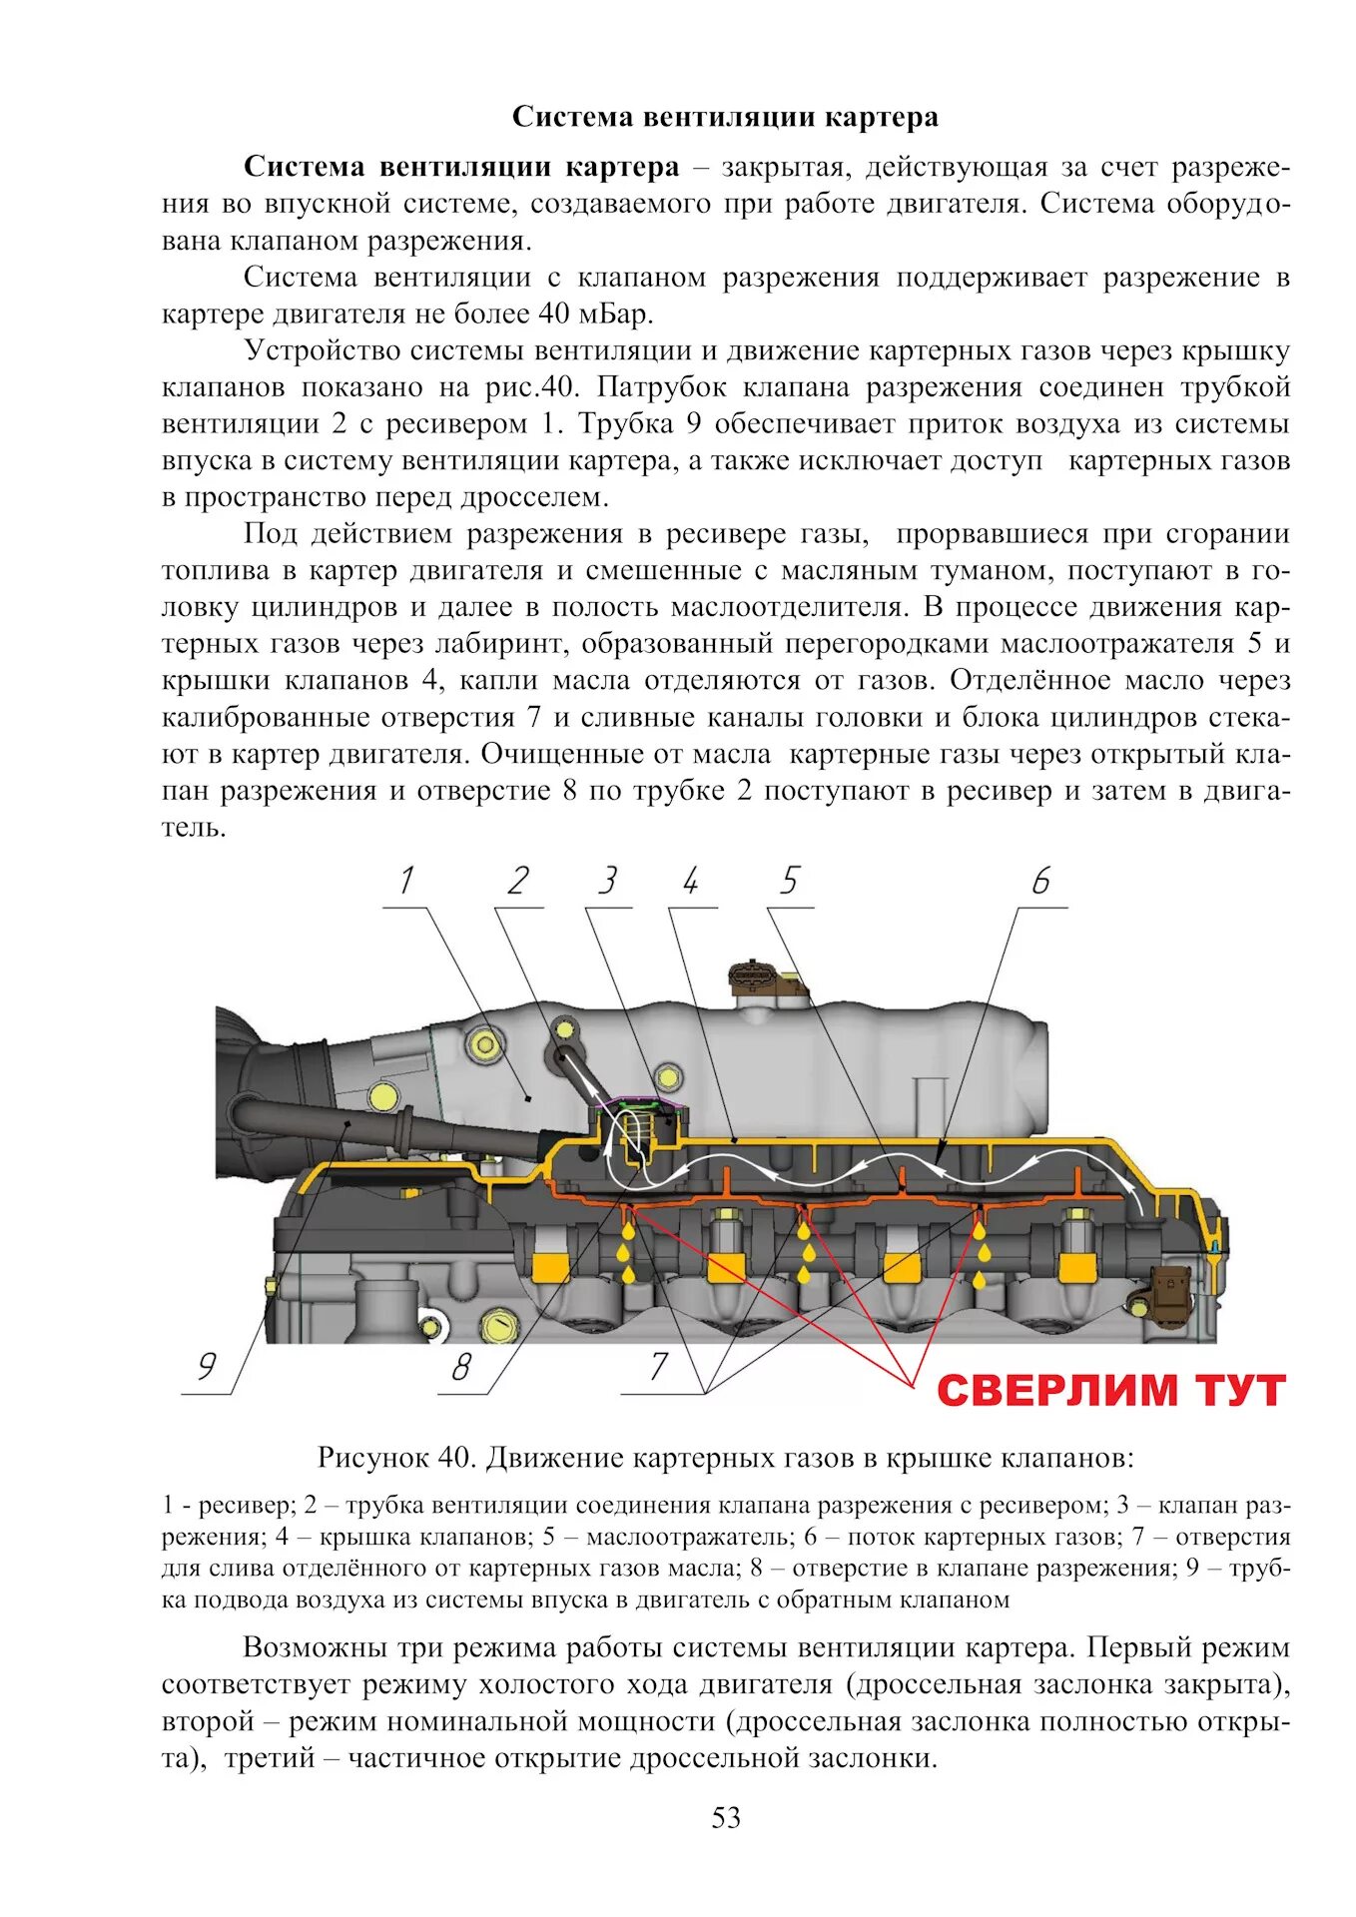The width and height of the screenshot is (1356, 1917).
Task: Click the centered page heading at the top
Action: coord(725,118)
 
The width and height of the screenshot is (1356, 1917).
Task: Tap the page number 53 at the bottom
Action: coord(726,1818)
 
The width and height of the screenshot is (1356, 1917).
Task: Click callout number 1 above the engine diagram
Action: coord(405,882)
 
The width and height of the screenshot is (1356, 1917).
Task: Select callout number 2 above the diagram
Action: coord(517,882)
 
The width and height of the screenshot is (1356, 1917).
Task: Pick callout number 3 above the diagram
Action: coord(607,882)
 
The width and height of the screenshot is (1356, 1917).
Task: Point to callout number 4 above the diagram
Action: coord(691,882)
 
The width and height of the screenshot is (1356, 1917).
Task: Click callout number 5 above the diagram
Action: coord(790,882)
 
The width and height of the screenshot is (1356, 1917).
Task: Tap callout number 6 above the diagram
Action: coord(1041,882)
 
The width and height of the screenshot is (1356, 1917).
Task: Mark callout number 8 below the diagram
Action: coord(460,1367)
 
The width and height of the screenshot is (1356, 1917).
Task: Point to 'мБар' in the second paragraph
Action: coord(610,315)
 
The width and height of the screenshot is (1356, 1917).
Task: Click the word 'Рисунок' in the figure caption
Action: coord(372,1459)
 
